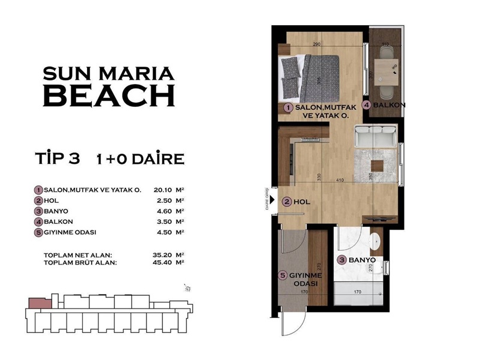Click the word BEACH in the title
point(109,96)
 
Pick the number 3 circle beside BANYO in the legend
point(38,211)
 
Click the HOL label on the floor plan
point(302,202)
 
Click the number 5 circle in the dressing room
point(284,276)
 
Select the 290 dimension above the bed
point(318,44)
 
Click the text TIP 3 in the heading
point(58,159)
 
